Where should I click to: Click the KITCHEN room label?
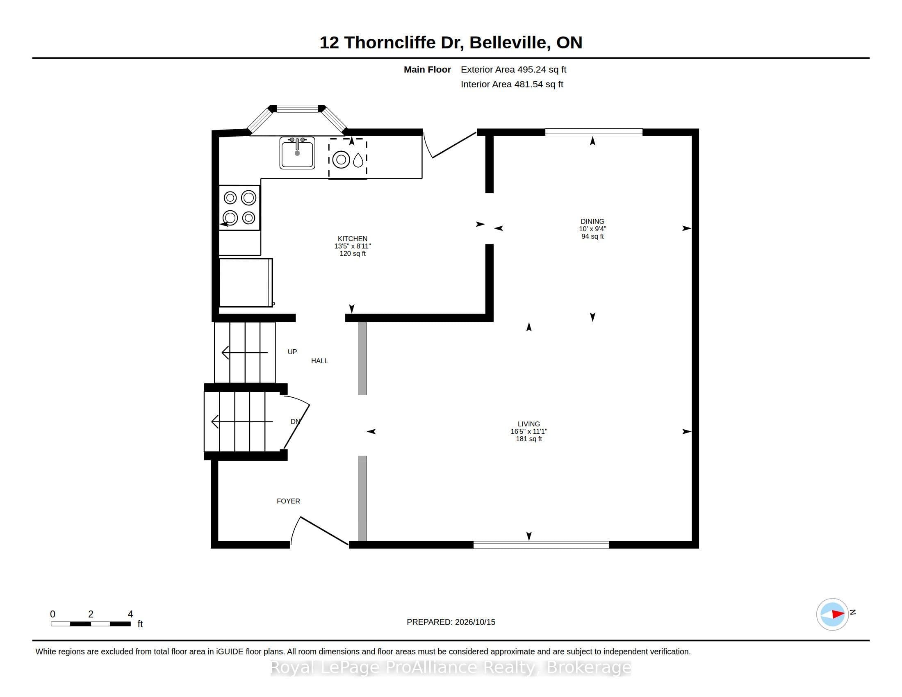click(x=352, y=239)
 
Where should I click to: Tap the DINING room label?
click(x=592, y=221)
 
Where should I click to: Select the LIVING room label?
click(x=528, y=424)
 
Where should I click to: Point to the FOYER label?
click(x=288, y=501)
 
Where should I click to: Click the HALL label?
click(x=319, y=361)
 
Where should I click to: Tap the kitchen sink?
click(x=297, y=153)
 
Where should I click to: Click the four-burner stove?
click(x=239, y=208)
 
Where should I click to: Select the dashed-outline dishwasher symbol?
click(x=348, y=159)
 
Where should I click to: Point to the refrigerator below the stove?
click(x=246, y=283)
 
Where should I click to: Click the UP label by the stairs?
click(x=292, y=352)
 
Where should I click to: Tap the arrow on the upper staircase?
click(x=244, y=353)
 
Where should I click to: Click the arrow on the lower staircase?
click(x=241, y=421)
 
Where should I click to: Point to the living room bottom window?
click(x=541, y=544)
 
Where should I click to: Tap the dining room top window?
click(x=594, y=132)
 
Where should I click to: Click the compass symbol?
click(x=832, y=615)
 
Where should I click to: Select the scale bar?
click(x=91, y=624)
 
